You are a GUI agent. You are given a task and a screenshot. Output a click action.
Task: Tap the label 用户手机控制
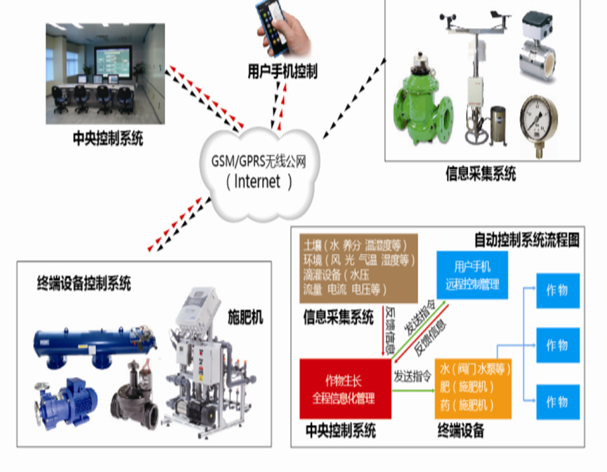(282, 72)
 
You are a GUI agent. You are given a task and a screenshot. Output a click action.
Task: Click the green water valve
(423, 100)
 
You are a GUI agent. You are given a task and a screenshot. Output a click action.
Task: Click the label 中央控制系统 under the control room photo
(107, 139)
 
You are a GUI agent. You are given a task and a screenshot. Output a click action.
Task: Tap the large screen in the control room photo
(112, 61)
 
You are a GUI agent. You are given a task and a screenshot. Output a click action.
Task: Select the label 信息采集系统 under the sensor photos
(481, 174)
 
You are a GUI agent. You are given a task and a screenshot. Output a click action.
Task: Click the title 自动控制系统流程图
(527, 240)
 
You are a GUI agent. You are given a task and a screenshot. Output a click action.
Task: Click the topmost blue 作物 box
(557, 290)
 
